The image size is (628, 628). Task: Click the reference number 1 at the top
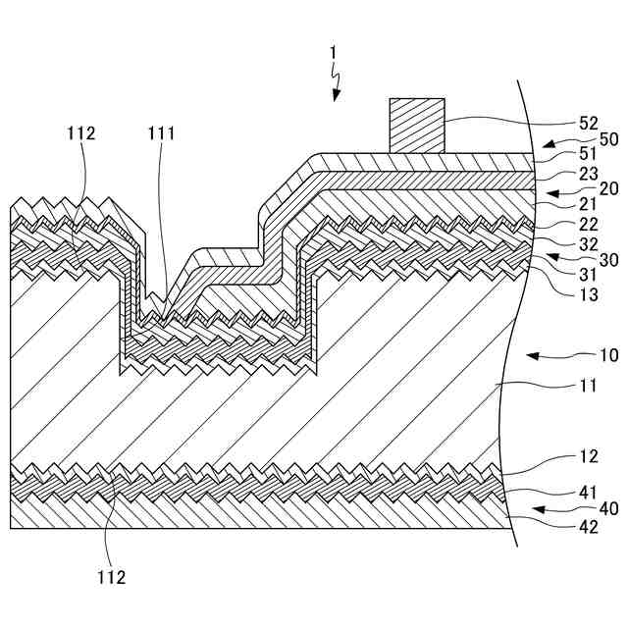pyautogui.click(x=334, y=50)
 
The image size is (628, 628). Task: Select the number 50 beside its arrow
pyautogui.click(x=608, y=139)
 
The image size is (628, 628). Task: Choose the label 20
pyautogui.click(x=608, y=188)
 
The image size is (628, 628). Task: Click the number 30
pyautogui.click(x=608, y=259)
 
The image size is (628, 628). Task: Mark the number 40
pyautogui.click(x=608, y=508)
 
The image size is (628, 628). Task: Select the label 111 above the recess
pyautogui.click(x=162, y=133)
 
